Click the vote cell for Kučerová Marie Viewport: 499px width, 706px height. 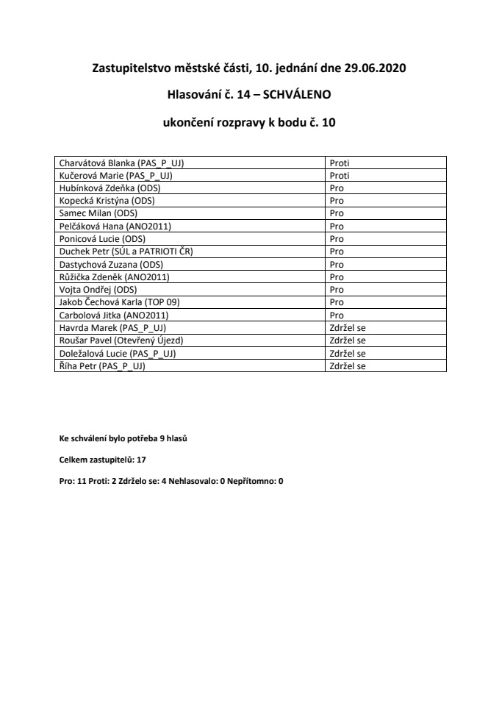click(340, 176)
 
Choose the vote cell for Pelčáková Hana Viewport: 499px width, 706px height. click(337, 226)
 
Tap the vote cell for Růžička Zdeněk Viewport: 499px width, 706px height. click(337, 276)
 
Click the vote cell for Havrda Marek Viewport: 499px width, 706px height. click(348, 327)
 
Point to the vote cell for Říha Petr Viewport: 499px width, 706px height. click(348, 364)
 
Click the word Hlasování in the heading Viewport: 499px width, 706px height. click(193, 96)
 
